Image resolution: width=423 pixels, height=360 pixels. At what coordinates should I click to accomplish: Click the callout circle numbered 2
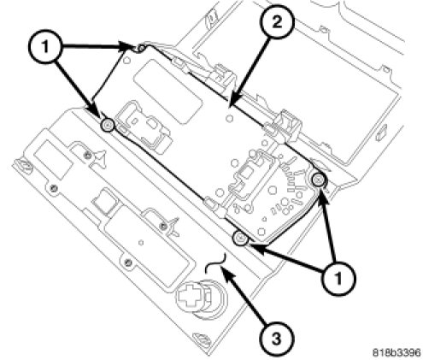(277, 22)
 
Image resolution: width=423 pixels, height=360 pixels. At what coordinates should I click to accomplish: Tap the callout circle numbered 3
(276, 339)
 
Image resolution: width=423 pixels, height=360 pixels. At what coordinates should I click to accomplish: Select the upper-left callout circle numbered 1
(45, 46)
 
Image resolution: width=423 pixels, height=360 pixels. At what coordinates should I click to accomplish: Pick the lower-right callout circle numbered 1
(338, 277)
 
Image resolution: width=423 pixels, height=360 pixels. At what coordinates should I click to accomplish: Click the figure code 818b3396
(397, 352)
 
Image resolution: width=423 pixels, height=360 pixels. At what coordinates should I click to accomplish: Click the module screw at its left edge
(109, 125)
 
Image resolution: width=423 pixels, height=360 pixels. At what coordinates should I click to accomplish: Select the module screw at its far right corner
(318, 180)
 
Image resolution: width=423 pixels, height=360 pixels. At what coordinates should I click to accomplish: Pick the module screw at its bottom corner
(240, 238)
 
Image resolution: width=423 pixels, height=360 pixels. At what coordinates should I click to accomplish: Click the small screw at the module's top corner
(141, 49)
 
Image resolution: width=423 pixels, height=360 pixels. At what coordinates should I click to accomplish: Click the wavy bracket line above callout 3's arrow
(216, 262)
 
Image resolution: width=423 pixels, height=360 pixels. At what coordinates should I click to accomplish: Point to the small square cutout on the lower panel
(104, 199)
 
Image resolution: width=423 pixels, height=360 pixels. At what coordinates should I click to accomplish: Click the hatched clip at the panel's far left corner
(25, 165)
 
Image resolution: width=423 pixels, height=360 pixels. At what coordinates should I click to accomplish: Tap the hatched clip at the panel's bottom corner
(202, 339)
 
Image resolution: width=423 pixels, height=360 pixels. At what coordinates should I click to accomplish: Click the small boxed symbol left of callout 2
(211, 20)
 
